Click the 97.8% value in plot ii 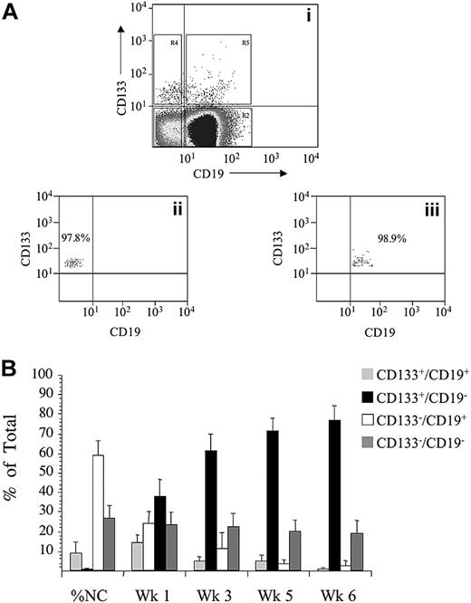pos(73,237)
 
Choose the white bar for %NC pos(98,525)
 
